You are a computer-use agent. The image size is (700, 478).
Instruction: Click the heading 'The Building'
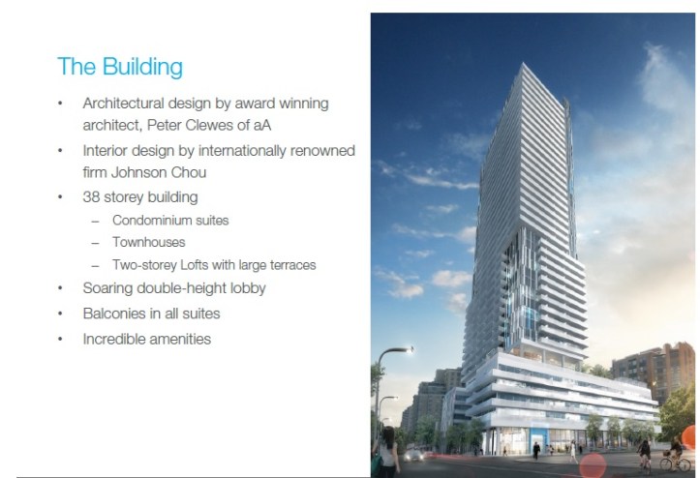point(120,67)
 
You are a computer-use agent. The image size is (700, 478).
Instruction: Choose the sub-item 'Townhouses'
point(149,243)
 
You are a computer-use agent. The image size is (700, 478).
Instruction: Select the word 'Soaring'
point(109,288)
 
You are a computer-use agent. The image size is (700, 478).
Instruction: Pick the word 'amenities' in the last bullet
point(182,339)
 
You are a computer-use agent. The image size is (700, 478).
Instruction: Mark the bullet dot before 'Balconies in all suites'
point(62,314)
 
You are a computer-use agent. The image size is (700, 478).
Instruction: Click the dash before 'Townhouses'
point(95,243)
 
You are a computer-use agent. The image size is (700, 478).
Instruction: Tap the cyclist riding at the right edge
point(672,451)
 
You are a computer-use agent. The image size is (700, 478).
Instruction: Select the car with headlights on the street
point(415,453)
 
